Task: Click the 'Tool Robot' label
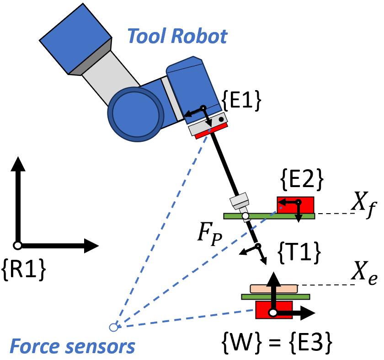[177, 36]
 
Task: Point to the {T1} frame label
[298, 251]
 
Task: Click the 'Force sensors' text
[72, 346]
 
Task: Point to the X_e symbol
[364, 276]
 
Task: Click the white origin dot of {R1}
[17, 246]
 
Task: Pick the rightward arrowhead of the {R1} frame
[91, 246]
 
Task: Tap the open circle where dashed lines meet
[113, 327]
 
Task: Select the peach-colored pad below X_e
[273, 289]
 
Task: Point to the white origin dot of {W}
[272, 313]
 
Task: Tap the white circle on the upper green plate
[245, 215]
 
